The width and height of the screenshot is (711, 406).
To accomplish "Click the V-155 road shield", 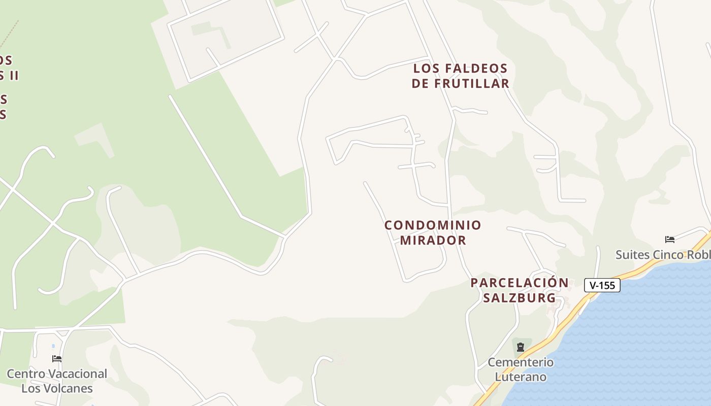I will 602,285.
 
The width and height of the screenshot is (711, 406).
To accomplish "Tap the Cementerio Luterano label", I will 521,369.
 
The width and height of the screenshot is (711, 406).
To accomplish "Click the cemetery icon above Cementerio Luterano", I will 520,348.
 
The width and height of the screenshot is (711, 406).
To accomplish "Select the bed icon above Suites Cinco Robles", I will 670,240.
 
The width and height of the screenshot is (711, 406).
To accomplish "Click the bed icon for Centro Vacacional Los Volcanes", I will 57,359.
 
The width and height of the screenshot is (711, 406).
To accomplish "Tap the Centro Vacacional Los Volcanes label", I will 57,381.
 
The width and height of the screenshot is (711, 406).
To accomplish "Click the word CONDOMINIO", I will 433,225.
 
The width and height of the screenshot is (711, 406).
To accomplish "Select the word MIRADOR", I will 433,240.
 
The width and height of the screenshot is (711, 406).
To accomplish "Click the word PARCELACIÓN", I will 520,283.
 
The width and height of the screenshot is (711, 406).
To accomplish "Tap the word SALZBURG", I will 519,298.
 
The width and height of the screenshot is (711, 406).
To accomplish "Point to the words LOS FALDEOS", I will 460,68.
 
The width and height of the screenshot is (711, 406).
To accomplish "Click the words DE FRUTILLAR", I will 460,83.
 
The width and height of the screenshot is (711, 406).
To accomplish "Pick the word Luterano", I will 521,377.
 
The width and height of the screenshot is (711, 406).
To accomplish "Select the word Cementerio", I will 521,362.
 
